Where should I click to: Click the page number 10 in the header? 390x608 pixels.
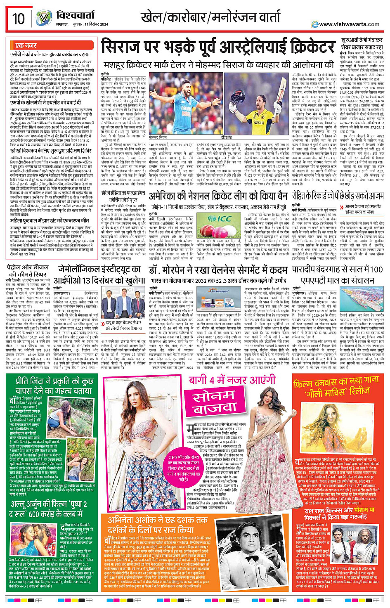point(19,19)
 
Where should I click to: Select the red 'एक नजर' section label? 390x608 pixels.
point(26,45)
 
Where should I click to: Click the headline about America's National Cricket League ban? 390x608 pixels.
point(218,195)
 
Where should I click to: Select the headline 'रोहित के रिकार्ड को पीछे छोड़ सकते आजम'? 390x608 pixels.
point(338,195)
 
